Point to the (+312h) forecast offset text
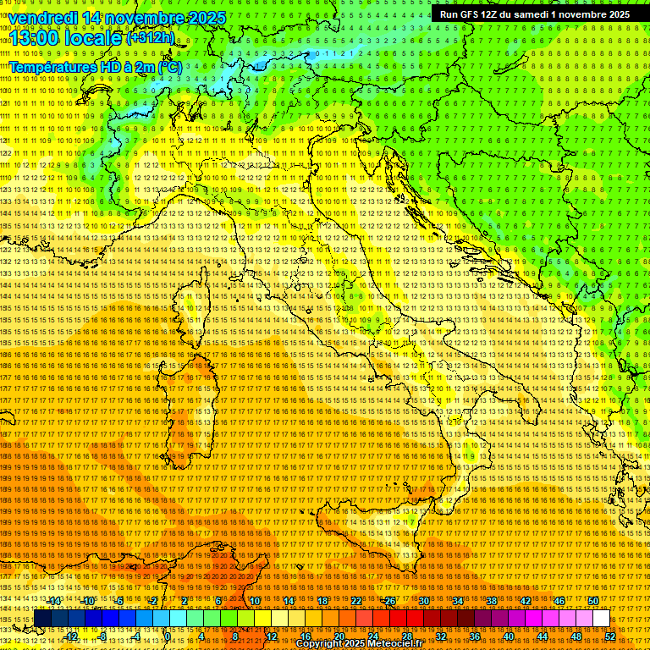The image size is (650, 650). [151, 38]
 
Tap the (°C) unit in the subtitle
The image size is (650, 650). [168, 66]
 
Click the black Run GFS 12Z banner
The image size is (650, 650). [534, 14]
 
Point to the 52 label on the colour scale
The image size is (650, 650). [610, 636]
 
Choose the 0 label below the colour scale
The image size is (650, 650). [168, 636]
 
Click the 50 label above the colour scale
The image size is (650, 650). [593, 601]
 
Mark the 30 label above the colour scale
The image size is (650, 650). [424, 601]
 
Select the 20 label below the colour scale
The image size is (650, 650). [339, 636]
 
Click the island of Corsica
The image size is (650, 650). [200, 305]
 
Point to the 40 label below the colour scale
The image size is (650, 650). [509, 636]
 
